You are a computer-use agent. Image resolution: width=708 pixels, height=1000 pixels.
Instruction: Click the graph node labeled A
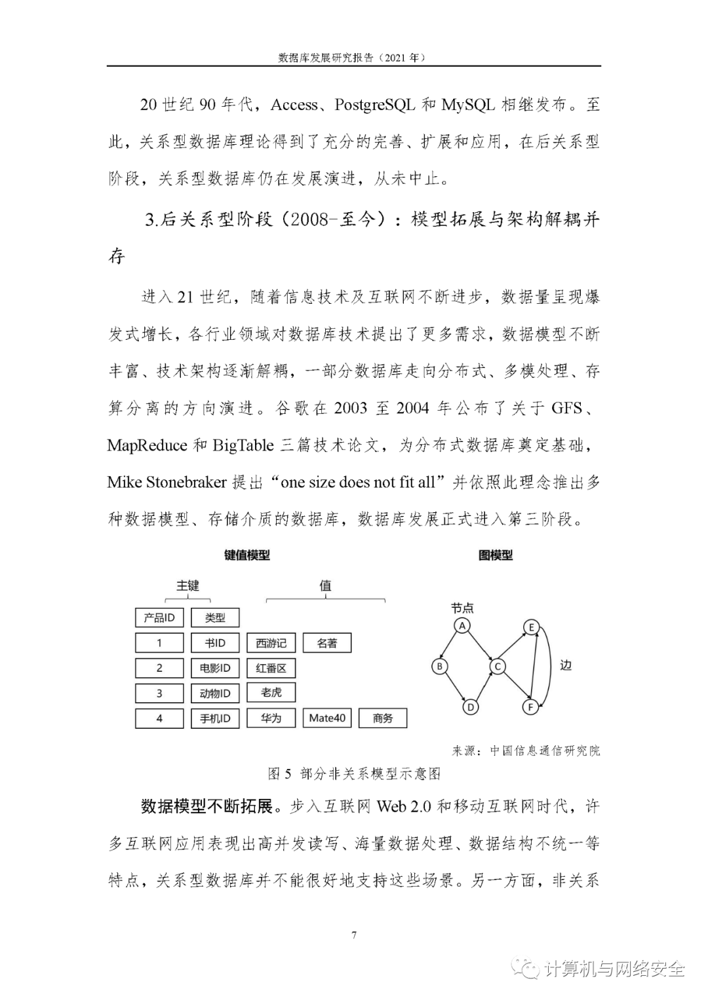point(462,625)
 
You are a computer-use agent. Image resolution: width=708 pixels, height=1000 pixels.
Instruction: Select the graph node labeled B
point(440,667)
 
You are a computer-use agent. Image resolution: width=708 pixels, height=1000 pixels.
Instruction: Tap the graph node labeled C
point(498,667)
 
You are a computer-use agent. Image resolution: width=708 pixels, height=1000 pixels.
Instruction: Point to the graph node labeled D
point(470,707)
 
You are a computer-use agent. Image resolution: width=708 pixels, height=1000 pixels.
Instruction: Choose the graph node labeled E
point(532,627)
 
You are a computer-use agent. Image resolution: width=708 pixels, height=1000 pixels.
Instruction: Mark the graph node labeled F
point(531,707)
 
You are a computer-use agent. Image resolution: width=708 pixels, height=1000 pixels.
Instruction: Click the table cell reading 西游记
point(271,643)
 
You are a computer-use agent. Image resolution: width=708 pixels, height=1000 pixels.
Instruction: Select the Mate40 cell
point(327,718)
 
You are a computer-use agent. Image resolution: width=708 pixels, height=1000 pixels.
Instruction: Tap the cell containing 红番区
point(271,668)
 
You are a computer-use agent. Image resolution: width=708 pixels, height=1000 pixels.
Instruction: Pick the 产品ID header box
point(159,618)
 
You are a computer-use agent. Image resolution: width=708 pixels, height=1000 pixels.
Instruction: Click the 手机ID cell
point(215,718)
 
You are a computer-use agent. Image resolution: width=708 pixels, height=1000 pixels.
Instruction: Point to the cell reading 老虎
point(271,692)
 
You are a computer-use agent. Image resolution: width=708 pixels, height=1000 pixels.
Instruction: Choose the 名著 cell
point(326,643)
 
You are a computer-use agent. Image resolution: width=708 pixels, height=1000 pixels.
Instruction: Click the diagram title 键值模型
point(246,555)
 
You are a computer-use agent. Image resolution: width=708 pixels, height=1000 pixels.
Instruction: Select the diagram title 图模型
point(496,555)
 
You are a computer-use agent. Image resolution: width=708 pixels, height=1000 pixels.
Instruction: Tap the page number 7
point(354,935)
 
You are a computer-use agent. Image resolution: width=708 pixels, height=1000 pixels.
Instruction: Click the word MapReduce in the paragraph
point(147,445)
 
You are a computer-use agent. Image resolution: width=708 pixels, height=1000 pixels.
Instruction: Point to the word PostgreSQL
point(374,104)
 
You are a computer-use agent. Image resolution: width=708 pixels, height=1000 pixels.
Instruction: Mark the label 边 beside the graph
point(566,665)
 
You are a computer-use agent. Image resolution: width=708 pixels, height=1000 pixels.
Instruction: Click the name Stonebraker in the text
point(186,483)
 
